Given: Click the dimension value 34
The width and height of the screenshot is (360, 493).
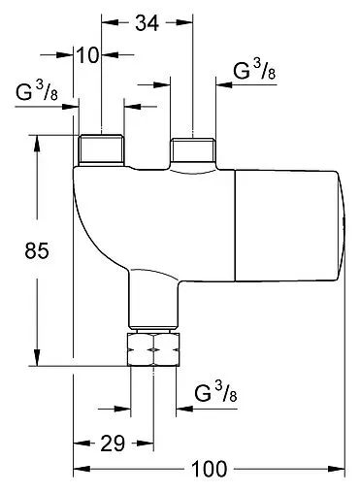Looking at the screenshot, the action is point(147,23).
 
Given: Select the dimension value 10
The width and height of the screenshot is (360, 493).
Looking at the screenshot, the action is point(87,55).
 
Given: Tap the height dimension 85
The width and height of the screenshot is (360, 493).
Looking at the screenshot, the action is point(37,250).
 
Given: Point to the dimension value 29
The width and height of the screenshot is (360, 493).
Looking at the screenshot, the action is point(113,444).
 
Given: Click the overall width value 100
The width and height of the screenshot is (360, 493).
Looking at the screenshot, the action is point(210,469).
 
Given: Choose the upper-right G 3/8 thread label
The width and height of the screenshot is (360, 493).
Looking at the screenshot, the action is point(254,70).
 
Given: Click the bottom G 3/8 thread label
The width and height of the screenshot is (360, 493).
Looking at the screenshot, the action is point(215,391).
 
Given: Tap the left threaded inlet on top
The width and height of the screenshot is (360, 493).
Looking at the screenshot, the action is point(102,150).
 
